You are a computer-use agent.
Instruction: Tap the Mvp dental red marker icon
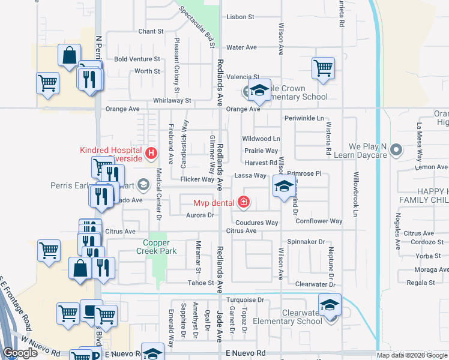243,203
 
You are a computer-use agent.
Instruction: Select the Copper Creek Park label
160,247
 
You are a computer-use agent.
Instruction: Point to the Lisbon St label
241,17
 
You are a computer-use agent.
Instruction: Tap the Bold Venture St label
137,59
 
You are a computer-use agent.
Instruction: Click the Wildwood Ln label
261,139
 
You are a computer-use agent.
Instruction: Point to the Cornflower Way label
319,221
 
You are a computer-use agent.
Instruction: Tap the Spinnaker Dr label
306,241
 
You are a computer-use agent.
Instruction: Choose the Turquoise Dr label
245,299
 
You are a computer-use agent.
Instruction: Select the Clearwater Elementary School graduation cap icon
330,305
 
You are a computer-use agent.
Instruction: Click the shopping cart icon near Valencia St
323,68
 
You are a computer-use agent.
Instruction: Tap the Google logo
20,353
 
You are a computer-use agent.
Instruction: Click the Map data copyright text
411,355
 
